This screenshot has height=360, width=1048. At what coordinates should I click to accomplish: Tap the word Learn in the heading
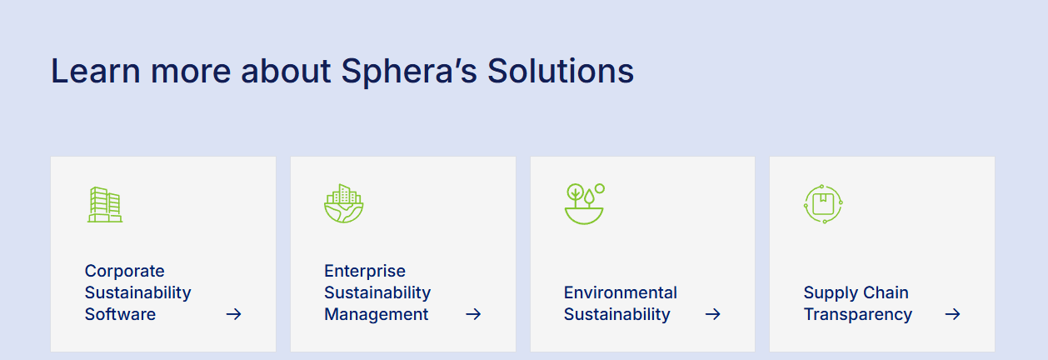point(96,71)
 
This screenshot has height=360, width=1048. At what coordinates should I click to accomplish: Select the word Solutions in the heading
point(561,71)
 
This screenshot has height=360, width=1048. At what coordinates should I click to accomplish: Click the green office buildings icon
point(105,204)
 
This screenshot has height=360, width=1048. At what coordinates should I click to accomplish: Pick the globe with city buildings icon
point(344,203)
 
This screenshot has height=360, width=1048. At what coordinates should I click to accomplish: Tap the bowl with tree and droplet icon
point(584,203)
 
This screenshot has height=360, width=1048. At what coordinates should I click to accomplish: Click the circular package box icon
point(823,204)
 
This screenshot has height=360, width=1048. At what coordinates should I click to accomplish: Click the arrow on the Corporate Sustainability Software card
point(234,314)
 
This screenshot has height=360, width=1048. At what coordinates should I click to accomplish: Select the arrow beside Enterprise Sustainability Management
point(473,314)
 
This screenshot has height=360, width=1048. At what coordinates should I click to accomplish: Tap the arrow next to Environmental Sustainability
point(713,314)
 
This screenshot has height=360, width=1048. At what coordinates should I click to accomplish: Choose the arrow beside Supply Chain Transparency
point(952,314)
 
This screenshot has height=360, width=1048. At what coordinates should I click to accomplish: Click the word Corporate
point(124,272)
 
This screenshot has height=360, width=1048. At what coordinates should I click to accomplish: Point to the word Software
point(120,314)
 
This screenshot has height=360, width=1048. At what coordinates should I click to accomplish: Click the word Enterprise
point(365,272)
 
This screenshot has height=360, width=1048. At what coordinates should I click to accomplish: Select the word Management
point(377,315)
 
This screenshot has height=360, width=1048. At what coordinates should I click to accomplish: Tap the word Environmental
point(621,292)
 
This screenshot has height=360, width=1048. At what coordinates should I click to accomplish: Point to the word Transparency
point(858,315)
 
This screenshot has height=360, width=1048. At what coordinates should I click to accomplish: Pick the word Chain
point(886,292)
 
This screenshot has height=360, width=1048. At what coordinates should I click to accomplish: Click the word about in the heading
point(286,71)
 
